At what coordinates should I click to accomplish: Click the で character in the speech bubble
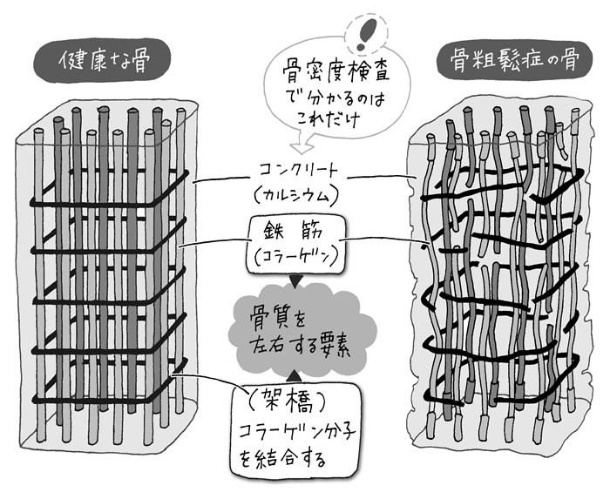click(278, 98)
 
